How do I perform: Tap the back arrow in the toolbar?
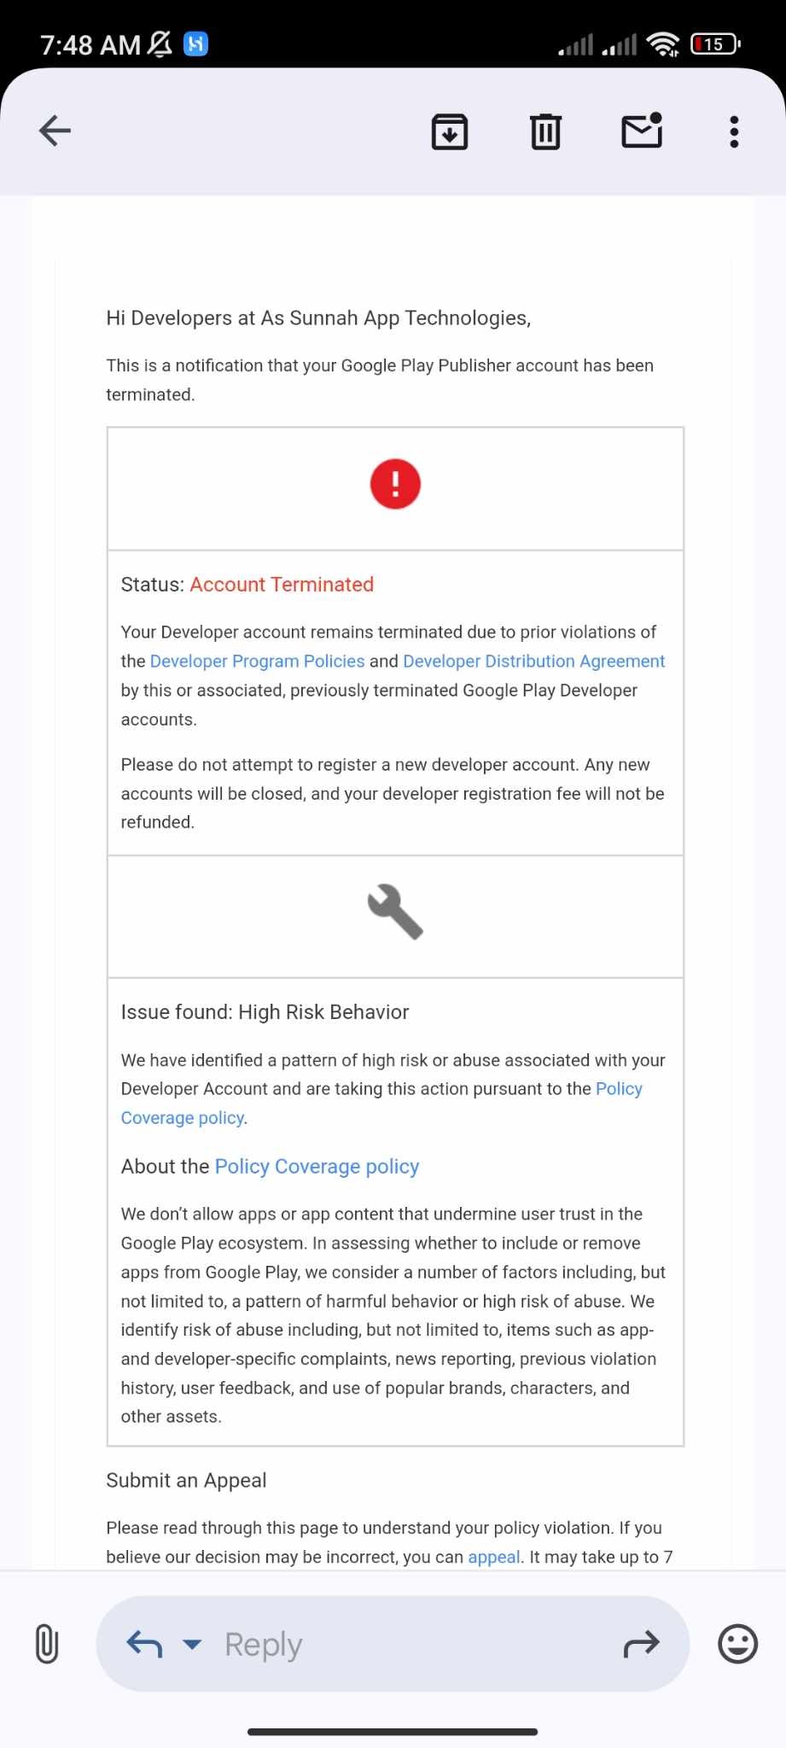(x=55, y=131)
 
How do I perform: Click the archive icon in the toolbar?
(x=450, y=131)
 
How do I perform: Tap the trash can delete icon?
(x=545, y=131)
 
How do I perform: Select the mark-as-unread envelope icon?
(x=642, y=131)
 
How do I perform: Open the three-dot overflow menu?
(x=734, y=131)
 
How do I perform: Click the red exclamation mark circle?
(x=395, y=484)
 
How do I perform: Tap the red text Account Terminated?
(x=282, y=585)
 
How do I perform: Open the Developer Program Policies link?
(x=257, y=661)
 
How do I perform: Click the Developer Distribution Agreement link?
(x=533, y=661)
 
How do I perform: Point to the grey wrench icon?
(x=395, y=912)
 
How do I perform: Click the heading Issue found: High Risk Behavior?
(x=265, y=1012)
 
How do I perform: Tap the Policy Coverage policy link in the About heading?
(x=317, y=1167)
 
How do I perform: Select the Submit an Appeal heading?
(x=186, y=1481)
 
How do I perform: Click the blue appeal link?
(x=493, y=1558)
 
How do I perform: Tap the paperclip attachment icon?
(x=47, y=1644)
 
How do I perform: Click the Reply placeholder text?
(x=263, y=1645)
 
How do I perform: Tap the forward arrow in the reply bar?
(x=642, y=1644)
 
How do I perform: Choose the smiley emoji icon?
(x=737, y=1644)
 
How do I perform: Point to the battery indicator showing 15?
(x=715, y=44)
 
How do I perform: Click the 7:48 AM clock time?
(x=90, y=44)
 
